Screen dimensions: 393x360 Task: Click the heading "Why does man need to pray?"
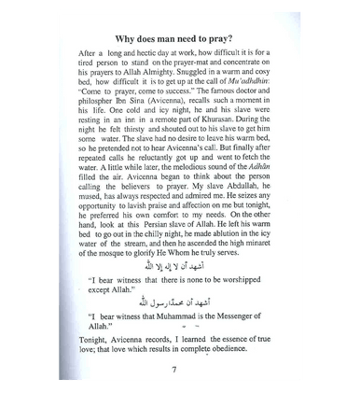[x=179, y=36]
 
